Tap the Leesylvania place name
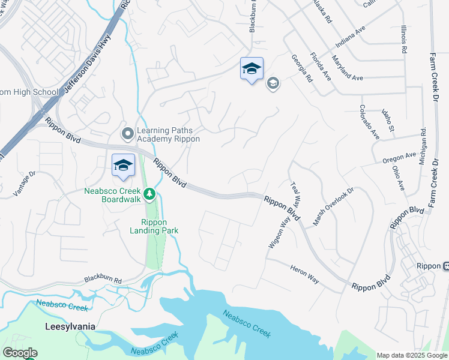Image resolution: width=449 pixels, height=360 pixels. (x=71, y=327)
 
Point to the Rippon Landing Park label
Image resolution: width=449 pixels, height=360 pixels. (x=155, y=226)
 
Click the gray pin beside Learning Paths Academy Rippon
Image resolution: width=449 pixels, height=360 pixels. (x=127, y=134)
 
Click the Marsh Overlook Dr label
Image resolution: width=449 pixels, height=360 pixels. (x=334, y=206)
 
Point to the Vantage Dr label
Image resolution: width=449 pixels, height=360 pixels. (x=25, y=184)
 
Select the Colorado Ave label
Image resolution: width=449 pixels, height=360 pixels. (x=369, y=122)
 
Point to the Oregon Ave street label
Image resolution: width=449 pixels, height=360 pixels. (x=399, y=158)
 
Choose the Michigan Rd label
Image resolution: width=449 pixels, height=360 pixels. (x=423, y=146)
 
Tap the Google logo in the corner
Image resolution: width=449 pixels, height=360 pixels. (x=20, y=353)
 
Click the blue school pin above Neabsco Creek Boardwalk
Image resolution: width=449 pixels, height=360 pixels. (x=123, y=166)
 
